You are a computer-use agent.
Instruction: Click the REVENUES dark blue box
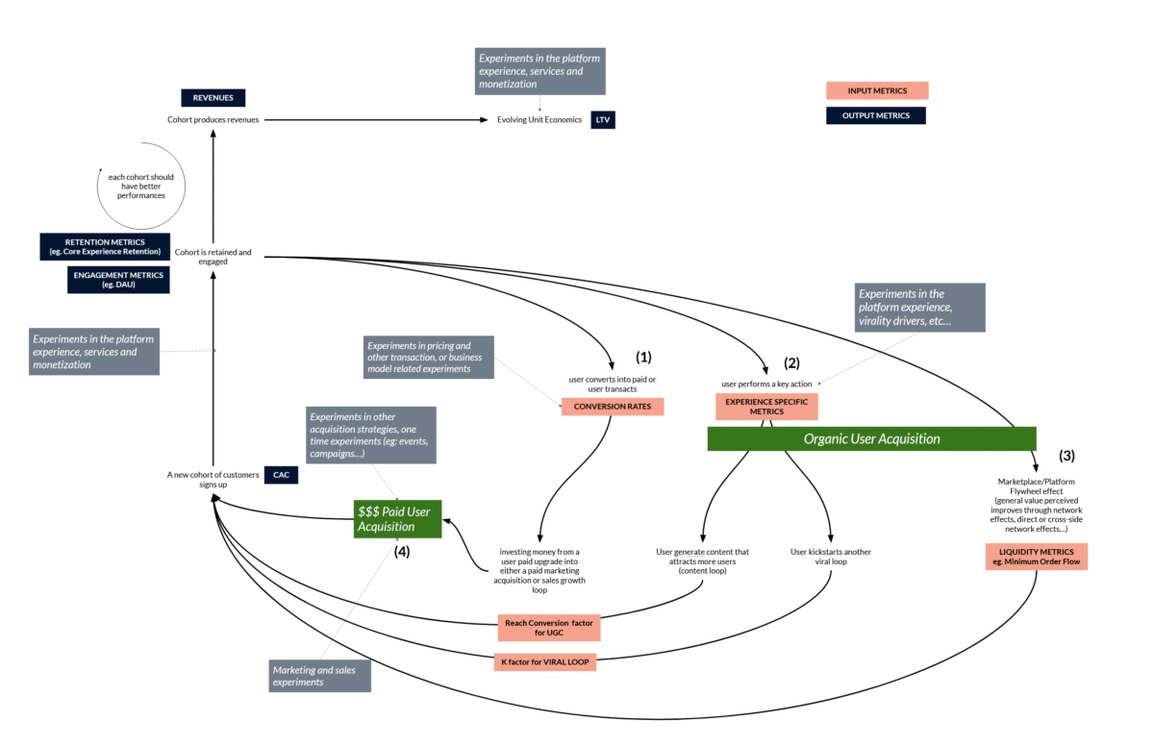213,97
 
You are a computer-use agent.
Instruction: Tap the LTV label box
602,120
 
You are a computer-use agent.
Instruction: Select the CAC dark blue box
281,475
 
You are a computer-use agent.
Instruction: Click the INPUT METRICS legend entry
877,90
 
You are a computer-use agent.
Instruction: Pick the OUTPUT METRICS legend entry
875,115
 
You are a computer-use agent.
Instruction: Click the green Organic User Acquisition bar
871,438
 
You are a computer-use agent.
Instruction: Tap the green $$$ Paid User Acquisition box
398,519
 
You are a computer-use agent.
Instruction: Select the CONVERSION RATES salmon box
613,407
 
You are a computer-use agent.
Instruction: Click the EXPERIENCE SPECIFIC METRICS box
766,406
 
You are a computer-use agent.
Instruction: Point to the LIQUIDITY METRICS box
1035,557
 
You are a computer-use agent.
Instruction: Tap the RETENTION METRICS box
106,246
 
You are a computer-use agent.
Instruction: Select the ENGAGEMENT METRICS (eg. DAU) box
119,280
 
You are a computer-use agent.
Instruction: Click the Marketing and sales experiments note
319,676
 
